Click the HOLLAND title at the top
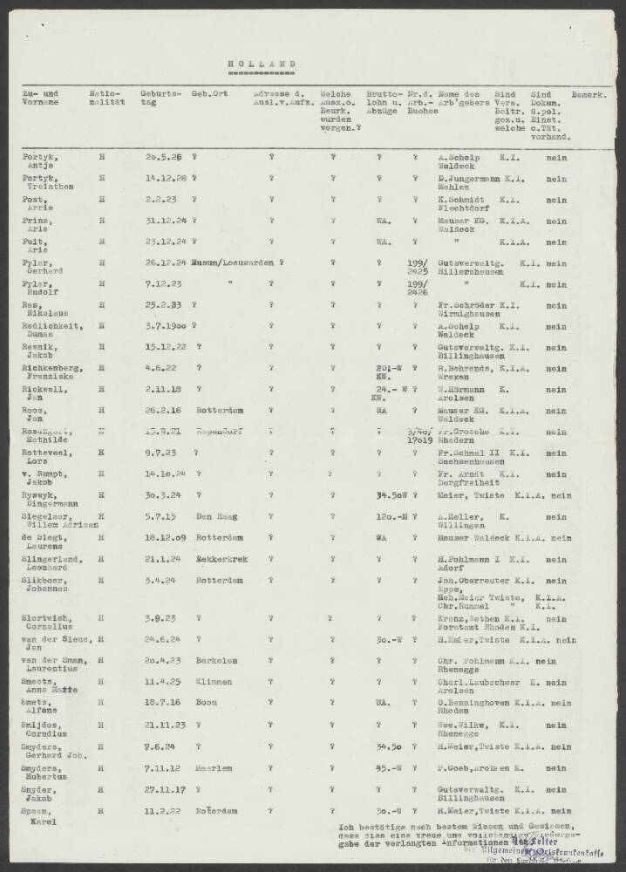262,64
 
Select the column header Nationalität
107,98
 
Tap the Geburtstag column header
160,98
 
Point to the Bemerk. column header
588,93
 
